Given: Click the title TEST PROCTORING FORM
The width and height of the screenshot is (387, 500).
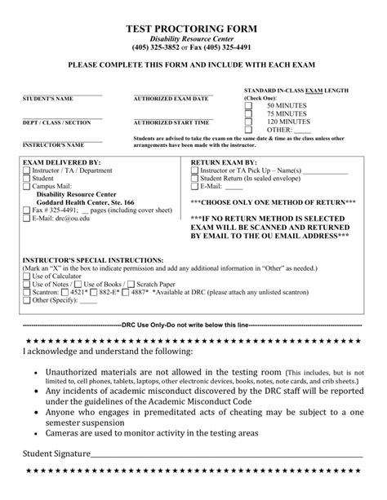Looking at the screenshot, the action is (193, 27).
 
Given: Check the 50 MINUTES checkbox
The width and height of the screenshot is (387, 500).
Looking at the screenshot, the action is (248, 106).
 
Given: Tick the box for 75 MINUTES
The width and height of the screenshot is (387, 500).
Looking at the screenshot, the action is (248, 113).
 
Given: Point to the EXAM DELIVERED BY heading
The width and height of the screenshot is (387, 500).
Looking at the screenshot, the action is (56, 162).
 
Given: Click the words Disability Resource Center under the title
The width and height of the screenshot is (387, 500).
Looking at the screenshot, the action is (193, 38).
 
